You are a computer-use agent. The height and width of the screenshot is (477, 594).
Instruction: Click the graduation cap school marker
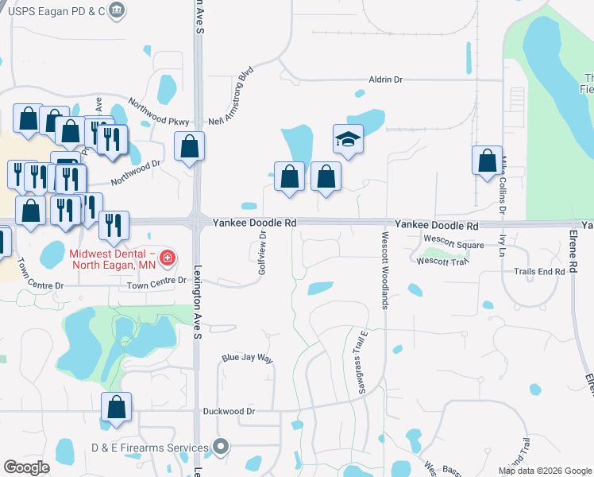(348, 140)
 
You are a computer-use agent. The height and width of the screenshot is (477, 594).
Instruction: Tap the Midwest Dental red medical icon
(167, 257)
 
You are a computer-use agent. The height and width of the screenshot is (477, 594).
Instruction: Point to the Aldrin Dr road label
(386, 80)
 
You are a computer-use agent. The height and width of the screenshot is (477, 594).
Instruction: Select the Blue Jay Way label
(247, 359)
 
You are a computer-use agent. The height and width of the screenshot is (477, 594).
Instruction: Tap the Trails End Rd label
(539, 271)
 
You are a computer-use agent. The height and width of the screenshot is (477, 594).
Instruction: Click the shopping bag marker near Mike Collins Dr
(487, 161)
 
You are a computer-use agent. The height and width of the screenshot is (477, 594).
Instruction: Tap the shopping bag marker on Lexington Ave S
(189, 146)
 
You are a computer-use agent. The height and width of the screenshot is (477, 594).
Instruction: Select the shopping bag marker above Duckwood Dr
(117, 408)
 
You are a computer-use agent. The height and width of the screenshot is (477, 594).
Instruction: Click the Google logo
(27, 467)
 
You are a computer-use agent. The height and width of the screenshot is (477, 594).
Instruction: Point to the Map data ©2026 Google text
(545, 471)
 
